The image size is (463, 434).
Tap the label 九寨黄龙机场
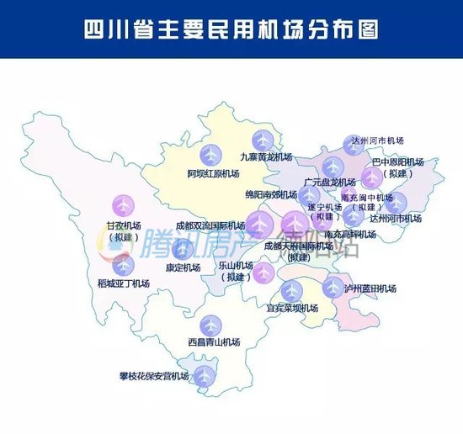click(x=266, y=157)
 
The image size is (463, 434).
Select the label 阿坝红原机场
click(x=213, y=173)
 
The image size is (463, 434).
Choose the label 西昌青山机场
click(x=214, y=342)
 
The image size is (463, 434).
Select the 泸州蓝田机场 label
click(x=369, y=288)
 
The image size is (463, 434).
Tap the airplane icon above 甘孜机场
click(x=124, y=205)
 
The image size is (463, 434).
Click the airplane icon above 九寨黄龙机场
click(x=263, y=140)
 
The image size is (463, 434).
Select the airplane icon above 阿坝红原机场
click(x=212, y=155)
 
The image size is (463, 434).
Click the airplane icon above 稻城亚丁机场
click(x=124, y=264)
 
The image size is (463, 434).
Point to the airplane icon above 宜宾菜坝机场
click(x=291, y=291)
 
